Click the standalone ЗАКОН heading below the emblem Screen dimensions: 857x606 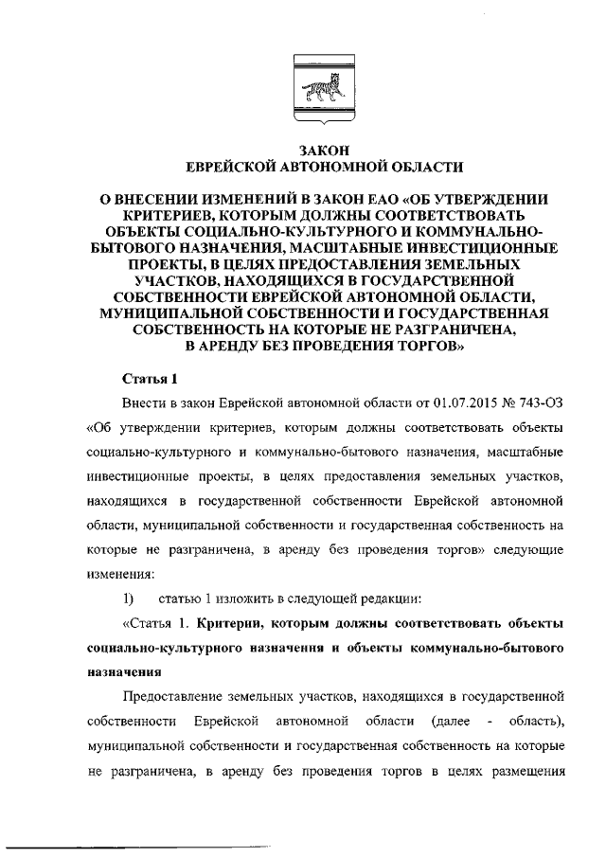point(323,150)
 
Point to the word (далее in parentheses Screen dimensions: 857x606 point(454,722)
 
